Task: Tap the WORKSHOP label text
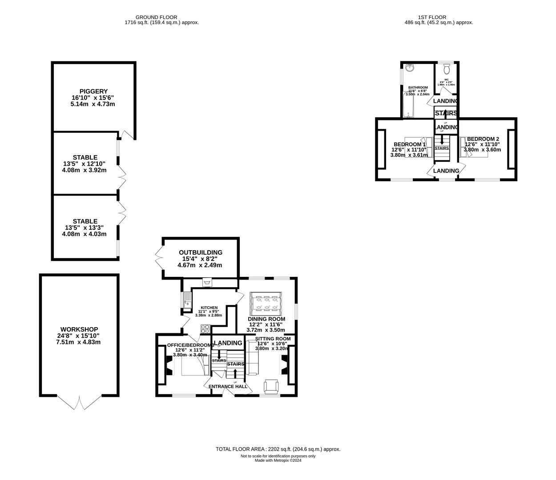(79, 329)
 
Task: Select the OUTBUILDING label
(200, 252)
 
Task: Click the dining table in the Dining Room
(266, 303)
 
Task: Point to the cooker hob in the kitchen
(205, 329)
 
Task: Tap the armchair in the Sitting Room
(271, 386)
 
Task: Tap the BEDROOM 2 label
(483, 139)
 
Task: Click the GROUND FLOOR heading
(161, 17)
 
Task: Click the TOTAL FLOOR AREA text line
(278, 449)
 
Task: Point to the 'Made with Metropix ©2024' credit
(278, 460)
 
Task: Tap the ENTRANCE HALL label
(228, 386)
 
